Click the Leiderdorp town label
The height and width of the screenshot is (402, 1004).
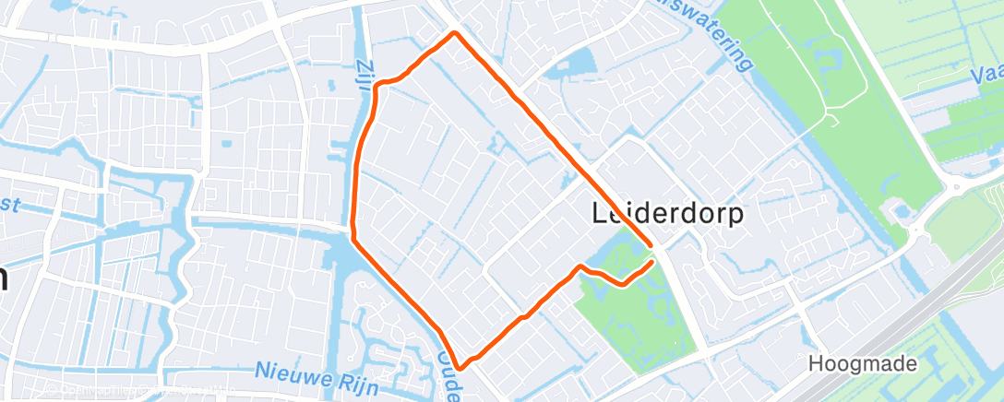(x=666, y=214)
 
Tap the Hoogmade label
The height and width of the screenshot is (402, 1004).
(x=863, y=364)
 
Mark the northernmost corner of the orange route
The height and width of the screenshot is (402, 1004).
(x=454, y=33)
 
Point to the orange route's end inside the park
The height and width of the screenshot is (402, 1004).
(x=653, y=262)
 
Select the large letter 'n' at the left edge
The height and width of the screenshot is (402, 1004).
(x=4, y=276)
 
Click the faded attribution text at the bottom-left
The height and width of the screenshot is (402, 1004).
(x=138, y=391)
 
